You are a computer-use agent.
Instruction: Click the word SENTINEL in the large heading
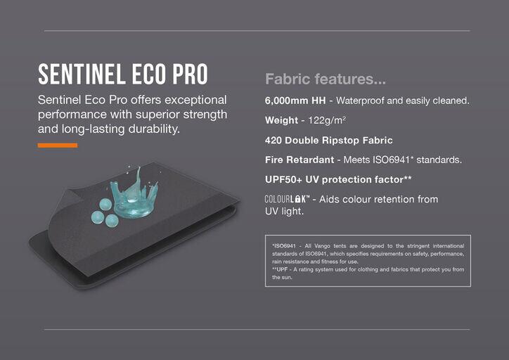[81, 74]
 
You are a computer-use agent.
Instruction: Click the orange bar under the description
[58, 145]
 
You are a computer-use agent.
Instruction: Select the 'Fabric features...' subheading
[326, 79]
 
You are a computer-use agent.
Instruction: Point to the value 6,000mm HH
[295, 101]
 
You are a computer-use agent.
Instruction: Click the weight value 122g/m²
[327, 121]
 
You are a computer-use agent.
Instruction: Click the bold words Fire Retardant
[299, 160]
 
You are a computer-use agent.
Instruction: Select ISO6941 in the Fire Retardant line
[391, 160]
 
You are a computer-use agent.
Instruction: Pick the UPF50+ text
[283, 179]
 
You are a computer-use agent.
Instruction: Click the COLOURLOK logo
[287, 199]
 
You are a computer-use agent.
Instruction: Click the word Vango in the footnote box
[322, 246]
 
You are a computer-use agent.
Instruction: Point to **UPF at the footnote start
[280, 269]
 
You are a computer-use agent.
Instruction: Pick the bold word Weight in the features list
[281, 120]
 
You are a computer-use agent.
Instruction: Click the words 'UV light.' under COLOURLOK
[284, 212]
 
